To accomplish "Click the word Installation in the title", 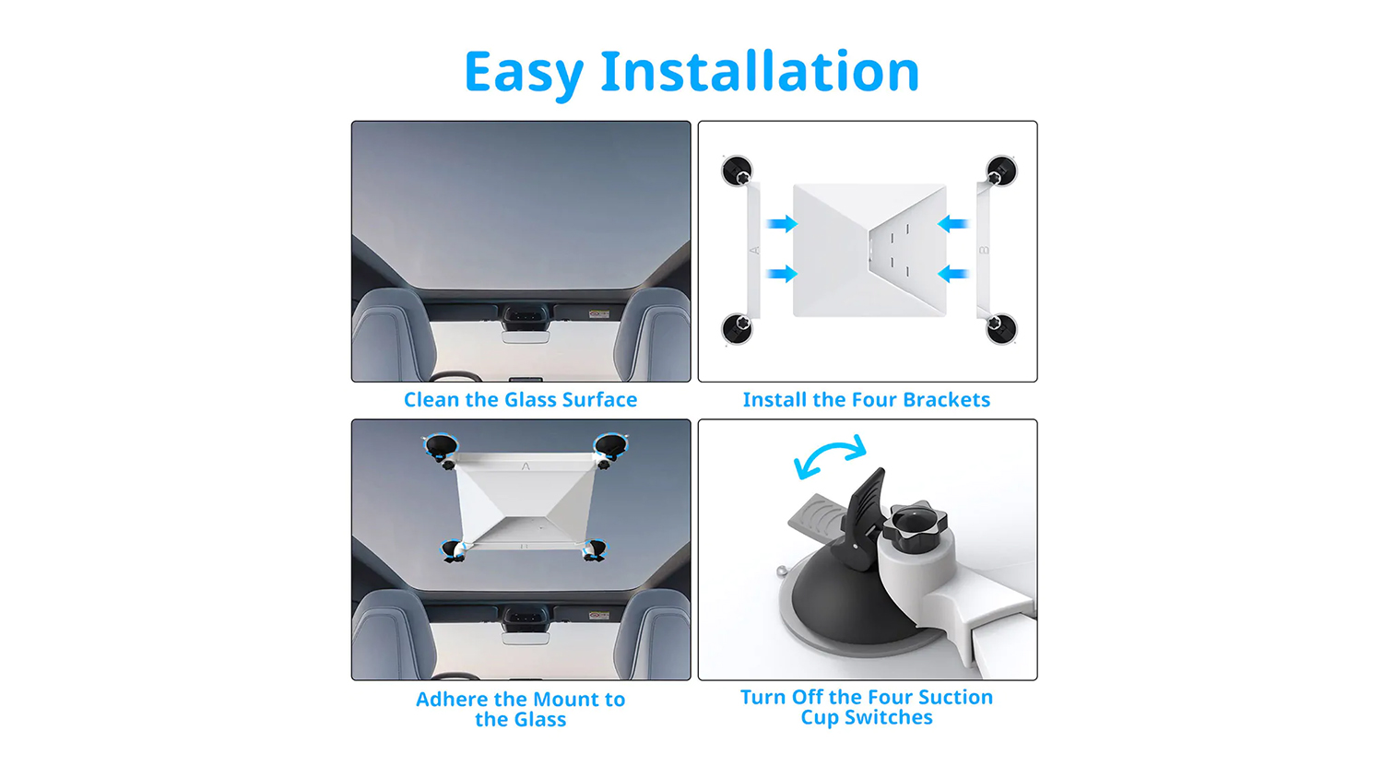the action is point(760,71).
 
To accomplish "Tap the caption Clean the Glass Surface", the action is point(521,399).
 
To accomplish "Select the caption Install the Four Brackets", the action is point(867,399).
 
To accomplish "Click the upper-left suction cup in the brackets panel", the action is point(738,171).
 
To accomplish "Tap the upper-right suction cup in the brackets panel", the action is point(1000,171).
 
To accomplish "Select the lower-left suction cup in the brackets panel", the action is point(738,328).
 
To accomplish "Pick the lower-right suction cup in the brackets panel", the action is point(1000,328).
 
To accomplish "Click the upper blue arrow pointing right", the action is point(782,223).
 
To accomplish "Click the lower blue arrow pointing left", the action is point(952,274).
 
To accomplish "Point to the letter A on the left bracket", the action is point(754,250).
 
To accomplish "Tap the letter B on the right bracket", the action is point(984,250).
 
